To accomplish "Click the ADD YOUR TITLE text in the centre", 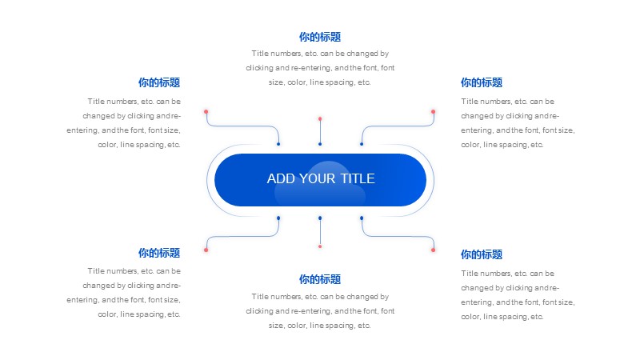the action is pyautogui.click(x=321, y=178).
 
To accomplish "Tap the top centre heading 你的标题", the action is pyautogui.click(x=320, y=37).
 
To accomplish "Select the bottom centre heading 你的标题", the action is pyautogui.click(x=320, y=279).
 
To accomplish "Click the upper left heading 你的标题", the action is pyautogui.click(x=159, y=82).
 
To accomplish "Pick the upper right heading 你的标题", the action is pyautogui.click(x=482, y=82).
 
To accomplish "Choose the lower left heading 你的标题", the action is pyautogui.click(x=159, y=253).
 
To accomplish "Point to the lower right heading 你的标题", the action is pyautogui.click(x=482, y=254).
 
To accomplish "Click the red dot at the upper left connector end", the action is pyautogui.click(x=206, y=111).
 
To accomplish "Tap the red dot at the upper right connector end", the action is pyautogui.click(x=433, y=111).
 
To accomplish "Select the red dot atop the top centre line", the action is pyautogui.click(x=320, y=118).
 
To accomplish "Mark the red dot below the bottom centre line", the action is pyautogui.click(x=320, y=246).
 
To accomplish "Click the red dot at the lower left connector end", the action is pyautogui.click(x=206, y=250).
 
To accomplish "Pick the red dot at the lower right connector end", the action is pyautogui.click(x=433, y=250).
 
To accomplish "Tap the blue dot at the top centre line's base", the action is pyautogui.click(x=320, y=144).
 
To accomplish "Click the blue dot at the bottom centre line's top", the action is pyautogui.click(x=320, y=218).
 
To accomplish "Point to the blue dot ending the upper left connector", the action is pyautogui.click(x=278, y=144).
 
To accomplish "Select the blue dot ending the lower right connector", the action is pyautogui.click(x=362, y=218).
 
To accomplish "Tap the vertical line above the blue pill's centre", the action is pyautogui.click(x=320, y=131).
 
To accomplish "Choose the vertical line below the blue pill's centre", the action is pyautogui.click(x=320, y=232).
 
